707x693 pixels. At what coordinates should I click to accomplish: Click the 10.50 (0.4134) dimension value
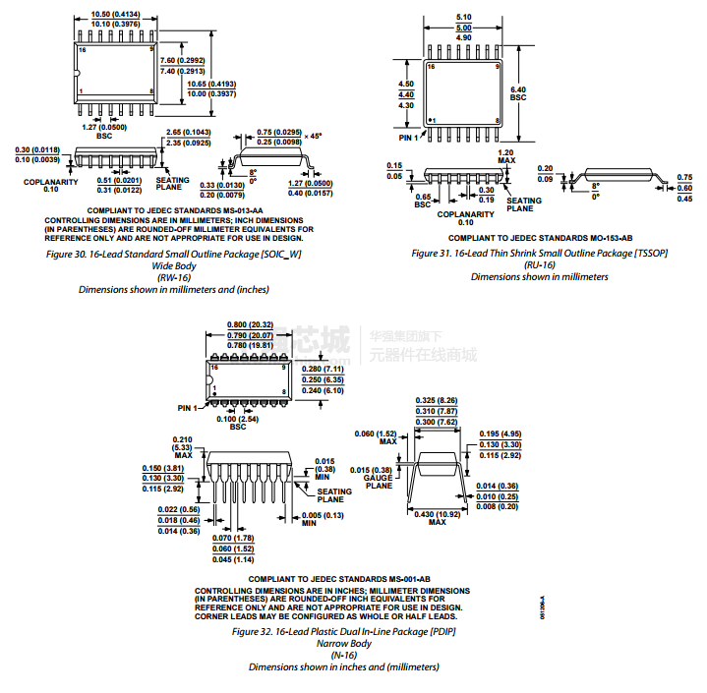(114, 15)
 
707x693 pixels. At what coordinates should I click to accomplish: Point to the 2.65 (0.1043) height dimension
(187, 133)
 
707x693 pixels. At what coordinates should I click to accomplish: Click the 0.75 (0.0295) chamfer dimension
(279, 132)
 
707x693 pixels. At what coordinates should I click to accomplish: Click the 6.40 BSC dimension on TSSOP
(518, 92)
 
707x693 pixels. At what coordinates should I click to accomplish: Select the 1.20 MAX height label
(506, 156)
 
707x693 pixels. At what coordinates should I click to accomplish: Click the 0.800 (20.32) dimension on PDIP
(250, 324)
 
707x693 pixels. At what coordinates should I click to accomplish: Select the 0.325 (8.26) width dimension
(436, 401)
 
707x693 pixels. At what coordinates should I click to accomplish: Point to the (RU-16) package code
(540, 264)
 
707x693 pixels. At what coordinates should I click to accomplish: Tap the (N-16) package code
(343, 655)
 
